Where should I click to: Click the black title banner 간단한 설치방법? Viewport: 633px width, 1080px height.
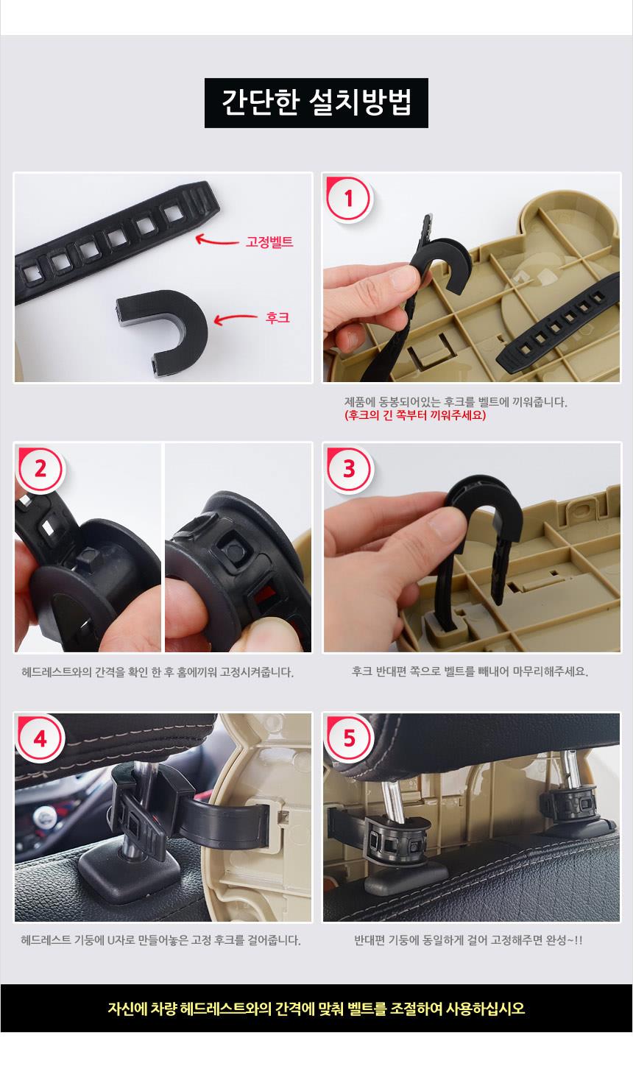click(316, 102)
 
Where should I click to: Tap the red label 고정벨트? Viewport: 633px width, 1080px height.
click(269, 241)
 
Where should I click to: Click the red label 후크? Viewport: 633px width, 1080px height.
click(277, 317)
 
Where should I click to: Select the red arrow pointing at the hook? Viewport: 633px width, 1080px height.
click(236, 318)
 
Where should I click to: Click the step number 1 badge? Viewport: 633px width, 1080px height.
click(349, 198)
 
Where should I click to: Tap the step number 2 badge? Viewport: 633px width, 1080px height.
click(40, 468)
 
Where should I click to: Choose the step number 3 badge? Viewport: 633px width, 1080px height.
click(349, 468)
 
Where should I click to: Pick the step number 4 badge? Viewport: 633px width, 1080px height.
click(40, 738)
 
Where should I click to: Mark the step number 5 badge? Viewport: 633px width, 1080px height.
click(349, 738)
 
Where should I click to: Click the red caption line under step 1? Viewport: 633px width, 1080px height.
click(415, 415)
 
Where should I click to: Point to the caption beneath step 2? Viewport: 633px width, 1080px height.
click(158, 672)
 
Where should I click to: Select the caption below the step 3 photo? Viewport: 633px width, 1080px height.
click(470, 671)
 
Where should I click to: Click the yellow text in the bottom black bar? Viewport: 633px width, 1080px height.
click(316, 1008)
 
